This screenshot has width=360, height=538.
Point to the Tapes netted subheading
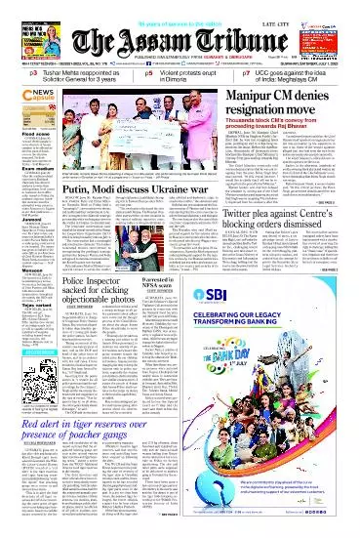19,328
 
